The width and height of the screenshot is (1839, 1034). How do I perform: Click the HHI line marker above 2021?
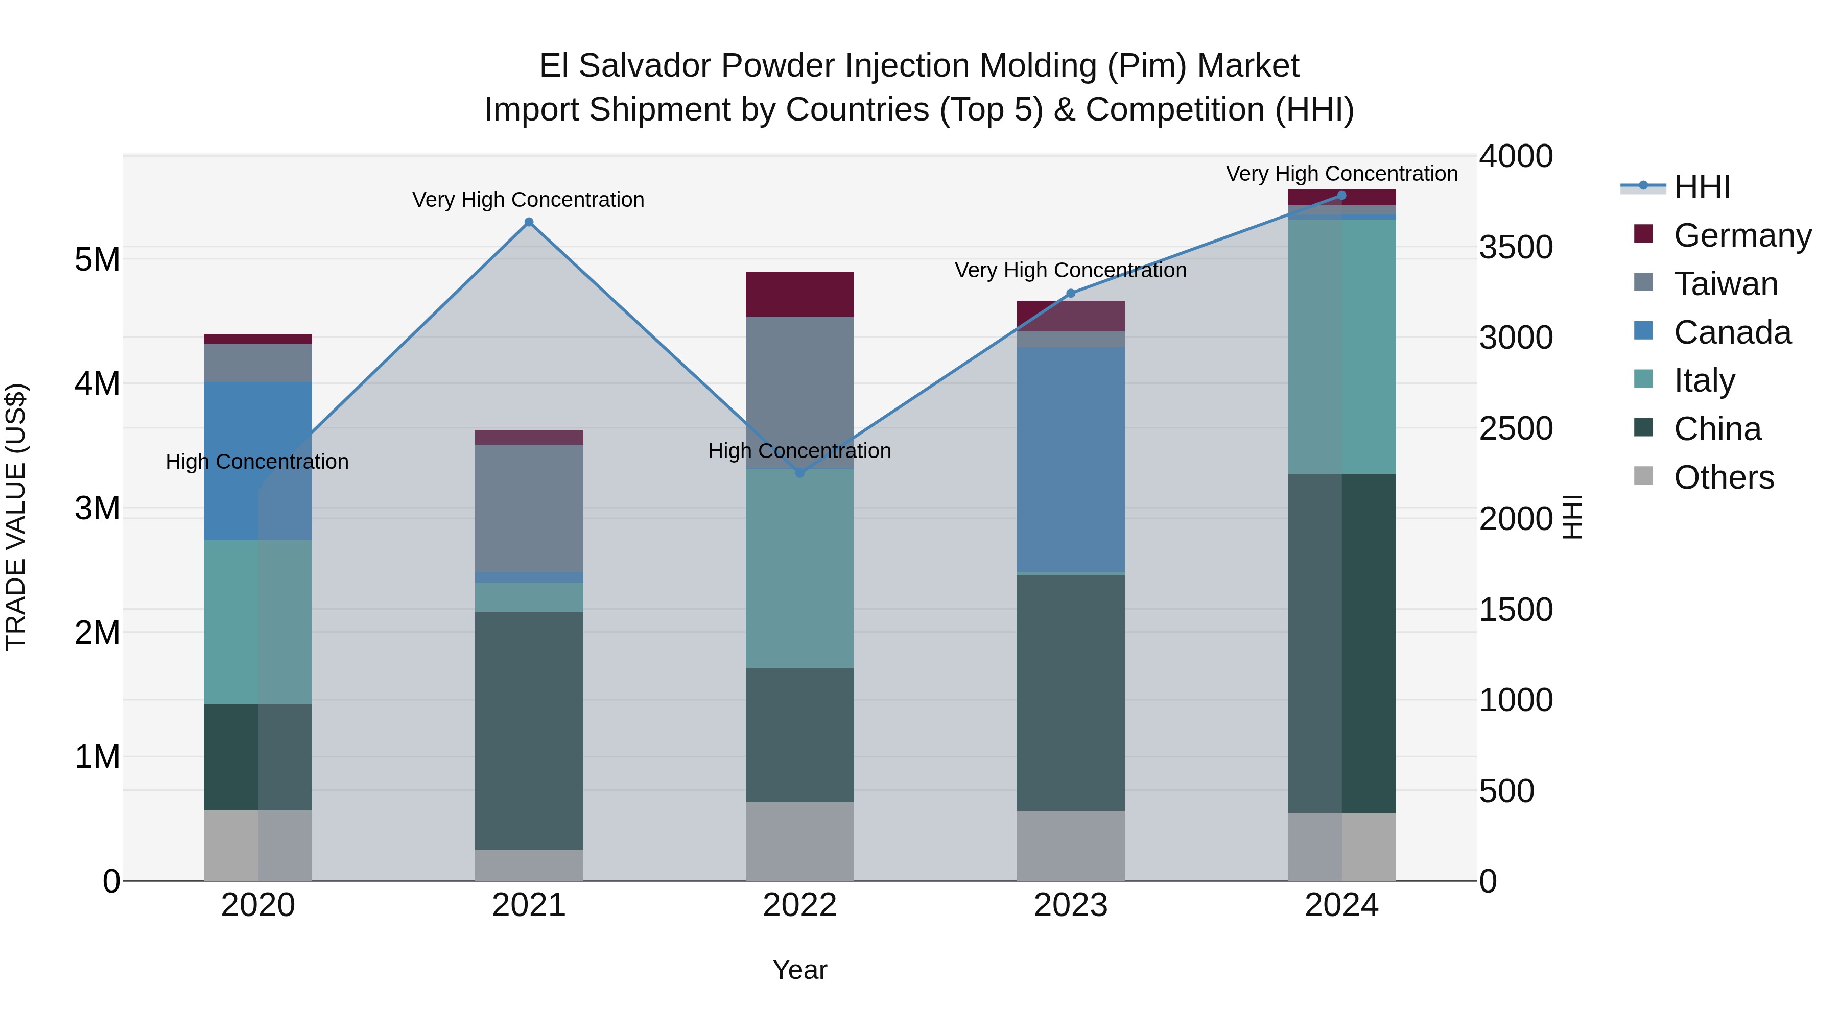pos(529,223)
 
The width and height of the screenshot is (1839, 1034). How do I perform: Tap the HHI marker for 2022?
pos(799,473)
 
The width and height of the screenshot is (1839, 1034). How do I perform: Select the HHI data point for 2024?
pos(1341,196)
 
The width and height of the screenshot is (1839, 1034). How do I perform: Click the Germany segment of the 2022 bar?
pos(799,294)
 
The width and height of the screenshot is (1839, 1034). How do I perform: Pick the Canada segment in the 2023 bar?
pos(1070,460)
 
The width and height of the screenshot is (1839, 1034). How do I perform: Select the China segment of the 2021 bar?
pos(529,730)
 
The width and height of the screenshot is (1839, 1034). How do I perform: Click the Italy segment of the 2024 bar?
pos(1341,346)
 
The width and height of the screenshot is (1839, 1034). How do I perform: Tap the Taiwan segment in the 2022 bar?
pos(799,393)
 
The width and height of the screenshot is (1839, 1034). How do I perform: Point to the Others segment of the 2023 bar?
pos(1070,845)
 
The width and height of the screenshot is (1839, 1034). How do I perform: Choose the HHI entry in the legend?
pos(1702,187)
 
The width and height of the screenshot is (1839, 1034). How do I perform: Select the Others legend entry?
pos(1724,477)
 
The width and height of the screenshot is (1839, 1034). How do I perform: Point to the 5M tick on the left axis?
pos(97,260)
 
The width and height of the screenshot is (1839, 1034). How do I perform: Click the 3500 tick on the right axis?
pos(1516,248)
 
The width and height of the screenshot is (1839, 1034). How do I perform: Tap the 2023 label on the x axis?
pos(1070,905)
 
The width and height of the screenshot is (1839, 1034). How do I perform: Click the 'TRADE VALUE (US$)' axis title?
pos(16,517)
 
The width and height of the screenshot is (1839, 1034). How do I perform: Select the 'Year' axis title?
pos(799,970)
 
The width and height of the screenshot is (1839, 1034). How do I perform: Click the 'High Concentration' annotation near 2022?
pos(799,451)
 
